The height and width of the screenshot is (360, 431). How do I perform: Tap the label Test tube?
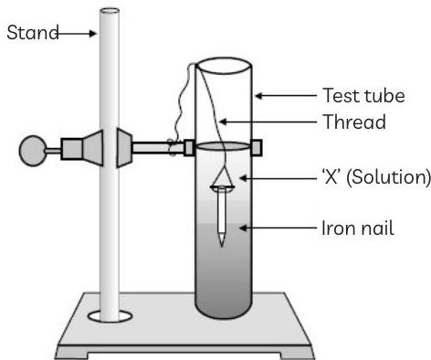tap(363, 96)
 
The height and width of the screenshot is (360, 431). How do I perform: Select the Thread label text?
tap(354, 122)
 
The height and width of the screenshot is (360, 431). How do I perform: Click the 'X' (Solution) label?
tap(373, 177)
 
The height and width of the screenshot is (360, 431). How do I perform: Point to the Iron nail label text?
tap(357, 228)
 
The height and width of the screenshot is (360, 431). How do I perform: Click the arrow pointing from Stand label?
tap(78, 34)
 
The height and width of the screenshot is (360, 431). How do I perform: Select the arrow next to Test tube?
tap(285, 95)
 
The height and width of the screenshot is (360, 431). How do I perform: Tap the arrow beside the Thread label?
tap(269, 121)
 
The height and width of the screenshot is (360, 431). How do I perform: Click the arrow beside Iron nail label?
tap(274, 228)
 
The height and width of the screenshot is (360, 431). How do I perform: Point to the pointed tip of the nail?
tap(222, 243)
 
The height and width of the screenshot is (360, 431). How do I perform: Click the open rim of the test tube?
tap(224, 66)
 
